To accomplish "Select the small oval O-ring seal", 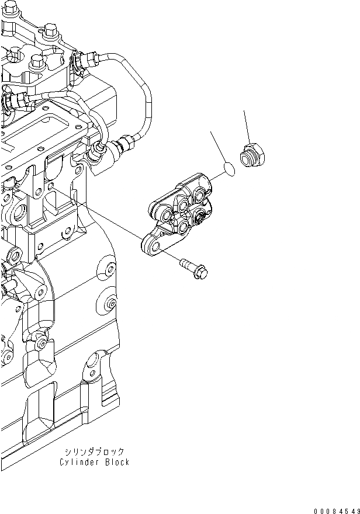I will click(230, 171).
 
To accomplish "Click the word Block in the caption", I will click(116, 462).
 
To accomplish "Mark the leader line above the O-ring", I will click(220, 149).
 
